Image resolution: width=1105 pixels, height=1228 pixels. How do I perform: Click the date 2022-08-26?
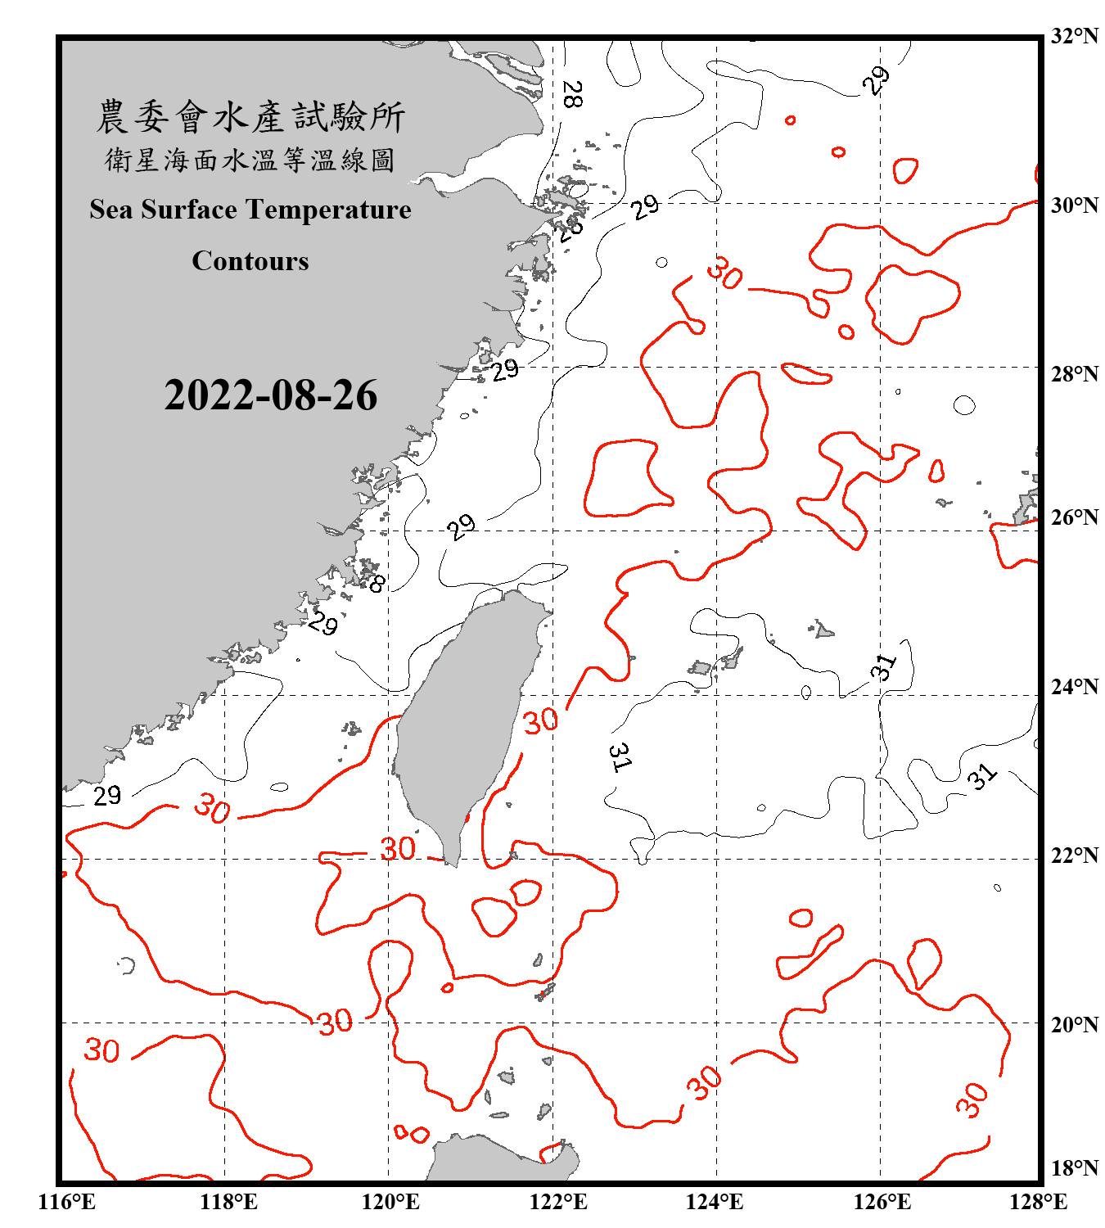[270, 395]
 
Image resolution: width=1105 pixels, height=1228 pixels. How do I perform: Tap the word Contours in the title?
[250, 261]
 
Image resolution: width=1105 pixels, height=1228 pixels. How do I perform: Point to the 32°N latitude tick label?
[1074, 36]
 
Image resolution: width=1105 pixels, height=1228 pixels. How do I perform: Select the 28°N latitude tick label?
[1074, 374]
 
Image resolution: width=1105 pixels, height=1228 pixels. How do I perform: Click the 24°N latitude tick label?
[1074, 686]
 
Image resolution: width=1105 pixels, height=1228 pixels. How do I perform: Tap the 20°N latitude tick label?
[1074, 1024]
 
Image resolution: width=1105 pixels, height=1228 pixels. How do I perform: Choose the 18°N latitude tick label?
[1074, 1168]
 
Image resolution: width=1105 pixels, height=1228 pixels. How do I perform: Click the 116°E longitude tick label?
[67, 1202]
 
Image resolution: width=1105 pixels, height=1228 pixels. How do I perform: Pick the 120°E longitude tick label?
[390, 1202]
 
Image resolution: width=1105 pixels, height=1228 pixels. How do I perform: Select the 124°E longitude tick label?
[715, 1202]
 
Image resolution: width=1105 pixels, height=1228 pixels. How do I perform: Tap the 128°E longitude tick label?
[1038, 1202]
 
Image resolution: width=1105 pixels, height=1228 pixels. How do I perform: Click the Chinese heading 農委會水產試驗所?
[250, 116]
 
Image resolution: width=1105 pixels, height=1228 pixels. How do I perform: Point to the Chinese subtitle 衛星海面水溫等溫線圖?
[250, 160]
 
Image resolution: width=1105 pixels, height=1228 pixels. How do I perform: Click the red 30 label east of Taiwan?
[541, 721]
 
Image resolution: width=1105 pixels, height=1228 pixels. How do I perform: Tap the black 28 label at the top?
[572, 94]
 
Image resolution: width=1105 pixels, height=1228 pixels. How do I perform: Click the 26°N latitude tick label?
[1074, 517]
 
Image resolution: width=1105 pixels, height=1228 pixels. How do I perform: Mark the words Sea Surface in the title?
[163, 210]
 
